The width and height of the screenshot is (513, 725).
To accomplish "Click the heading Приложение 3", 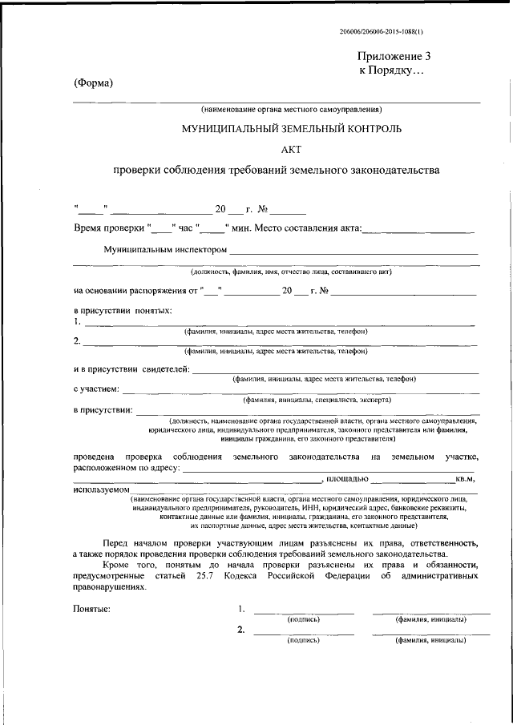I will (x=394, y=57).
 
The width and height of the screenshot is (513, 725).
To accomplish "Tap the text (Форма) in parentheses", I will (x=93, y=84).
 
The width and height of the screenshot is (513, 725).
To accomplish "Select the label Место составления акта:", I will (x=309, y=229).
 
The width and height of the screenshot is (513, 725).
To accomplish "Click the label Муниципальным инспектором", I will (x=165, y=251).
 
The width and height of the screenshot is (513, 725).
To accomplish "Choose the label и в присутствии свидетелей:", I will (x=132, y=369).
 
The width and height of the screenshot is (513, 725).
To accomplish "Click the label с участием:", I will (x=97, y=389).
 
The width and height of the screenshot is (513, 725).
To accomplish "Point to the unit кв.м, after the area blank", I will (x=466, y=479).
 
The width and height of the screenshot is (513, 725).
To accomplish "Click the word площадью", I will (x=346, y=479).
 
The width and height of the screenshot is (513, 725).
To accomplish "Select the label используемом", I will (x=102, y=489).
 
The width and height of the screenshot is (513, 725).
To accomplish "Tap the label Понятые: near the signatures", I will (x=93, y=610).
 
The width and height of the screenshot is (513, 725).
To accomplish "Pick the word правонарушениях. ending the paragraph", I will (x=111, y=586).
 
